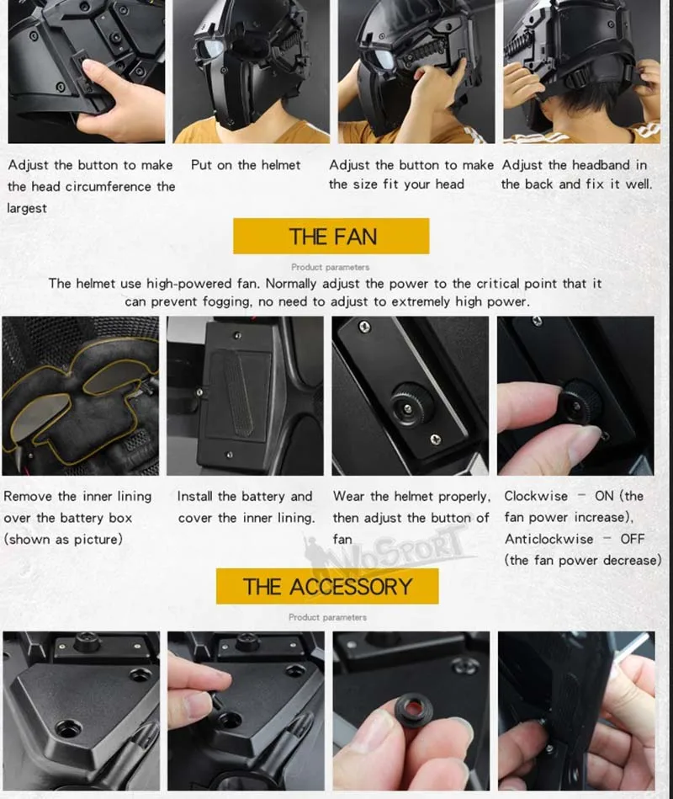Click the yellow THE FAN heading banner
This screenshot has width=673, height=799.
click(x=331, y=236)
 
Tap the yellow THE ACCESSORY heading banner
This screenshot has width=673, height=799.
click(x=327, y=587)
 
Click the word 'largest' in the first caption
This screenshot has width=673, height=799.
click(x=27, y=209)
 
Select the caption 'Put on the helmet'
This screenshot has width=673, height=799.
click(x=246, y=165)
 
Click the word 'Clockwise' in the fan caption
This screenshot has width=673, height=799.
click(x=536, y=496)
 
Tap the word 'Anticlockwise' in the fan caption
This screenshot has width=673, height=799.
click(x=548, y=539)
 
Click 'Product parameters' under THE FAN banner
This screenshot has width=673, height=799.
click(x=331, y=267)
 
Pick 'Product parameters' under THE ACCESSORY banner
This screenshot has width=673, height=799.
click(x=327, y=617)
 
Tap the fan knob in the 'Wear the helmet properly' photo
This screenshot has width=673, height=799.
click(x=410, y=407)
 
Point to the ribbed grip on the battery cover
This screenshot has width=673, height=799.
click(x=240, y=394)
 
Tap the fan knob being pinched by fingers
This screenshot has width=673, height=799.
click(x=578, y=405)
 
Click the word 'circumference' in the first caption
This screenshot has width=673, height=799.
click(x=109, y=187)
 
